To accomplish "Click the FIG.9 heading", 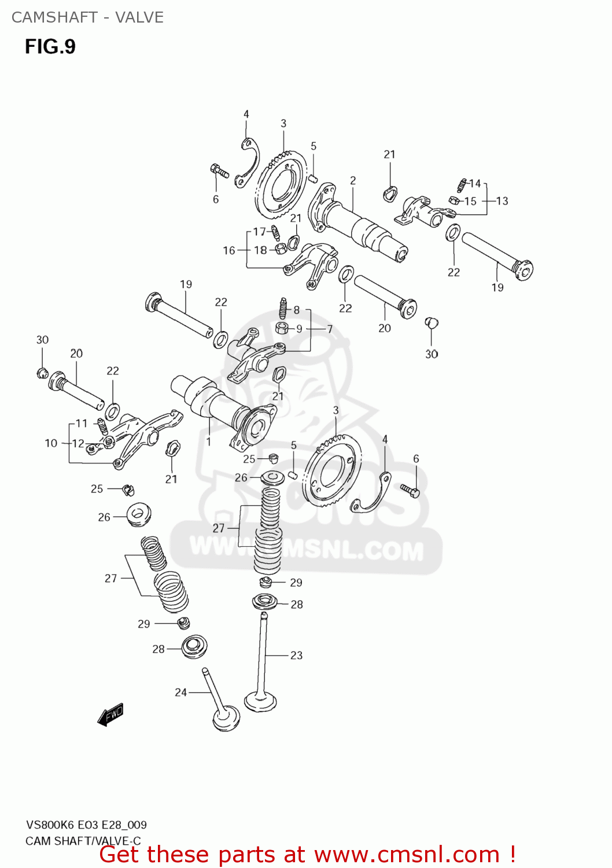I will [50, 46].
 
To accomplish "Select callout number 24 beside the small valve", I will [181, 692].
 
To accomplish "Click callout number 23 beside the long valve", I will [296, 655].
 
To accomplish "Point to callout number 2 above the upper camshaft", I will [353, 181].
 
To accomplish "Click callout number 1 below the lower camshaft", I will [208, 442].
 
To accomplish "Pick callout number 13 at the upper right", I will [502, 201].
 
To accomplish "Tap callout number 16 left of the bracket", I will [229, 250].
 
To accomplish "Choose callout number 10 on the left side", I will [51, 443].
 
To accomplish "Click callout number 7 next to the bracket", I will [330, 329].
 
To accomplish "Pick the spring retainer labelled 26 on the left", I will [138, 514].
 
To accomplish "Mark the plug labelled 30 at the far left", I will [42, 372].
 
